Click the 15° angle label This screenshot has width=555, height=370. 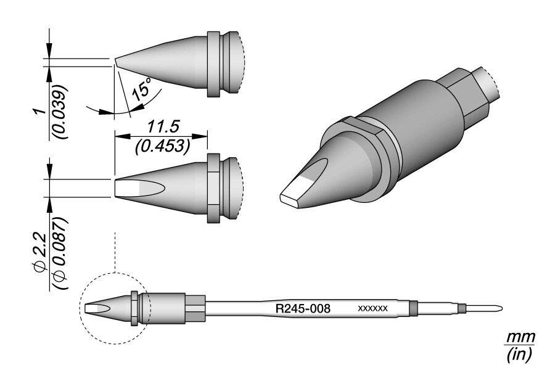[x=141, y=90]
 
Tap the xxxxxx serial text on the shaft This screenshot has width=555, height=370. [x=372, y=308]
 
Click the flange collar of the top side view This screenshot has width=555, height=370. [x=213, y=64]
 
